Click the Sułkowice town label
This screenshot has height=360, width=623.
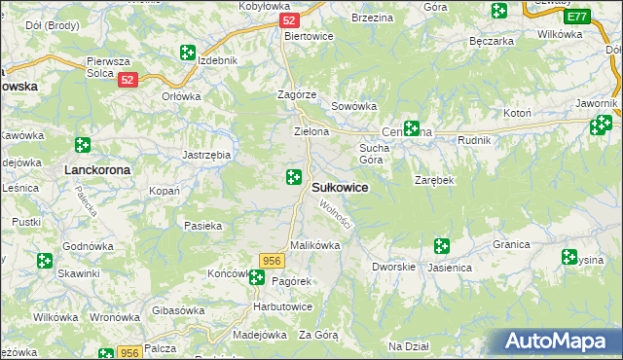pyautogui.click(x=339, y=188)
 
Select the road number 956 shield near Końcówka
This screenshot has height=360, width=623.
pyautogui.click(x=272, y=260)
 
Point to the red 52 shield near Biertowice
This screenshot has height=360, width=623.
pyautogui.click(x=288, y=19)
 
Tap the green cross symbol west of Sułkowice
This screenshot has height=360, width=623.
pyautogui.click(x=293, y=176)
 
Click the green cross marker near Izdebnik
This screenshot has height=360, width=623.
pyautogui.click(x=187, y=53)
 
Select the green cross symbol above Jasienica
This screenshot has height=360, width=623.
pyautogui.click(x=441, y=246)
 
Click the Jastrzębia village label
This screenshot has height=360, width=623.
pyautogui.click(x=206, y=155)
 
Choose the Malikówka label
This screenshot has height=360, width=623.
pyautogui.click(x=314, y=246)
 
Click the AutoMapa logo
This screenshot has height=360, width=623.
pyautogui.click(x=557, y=342)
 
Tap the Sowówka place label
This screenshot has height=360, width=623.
pyautogui.click(x=353, y=106)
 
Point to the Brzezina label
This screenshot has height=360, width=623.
pyautogui.click(x=371, y=18)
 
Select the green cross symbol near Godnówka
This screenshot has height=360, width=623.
pyautogui.click(x=44, y=261)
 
